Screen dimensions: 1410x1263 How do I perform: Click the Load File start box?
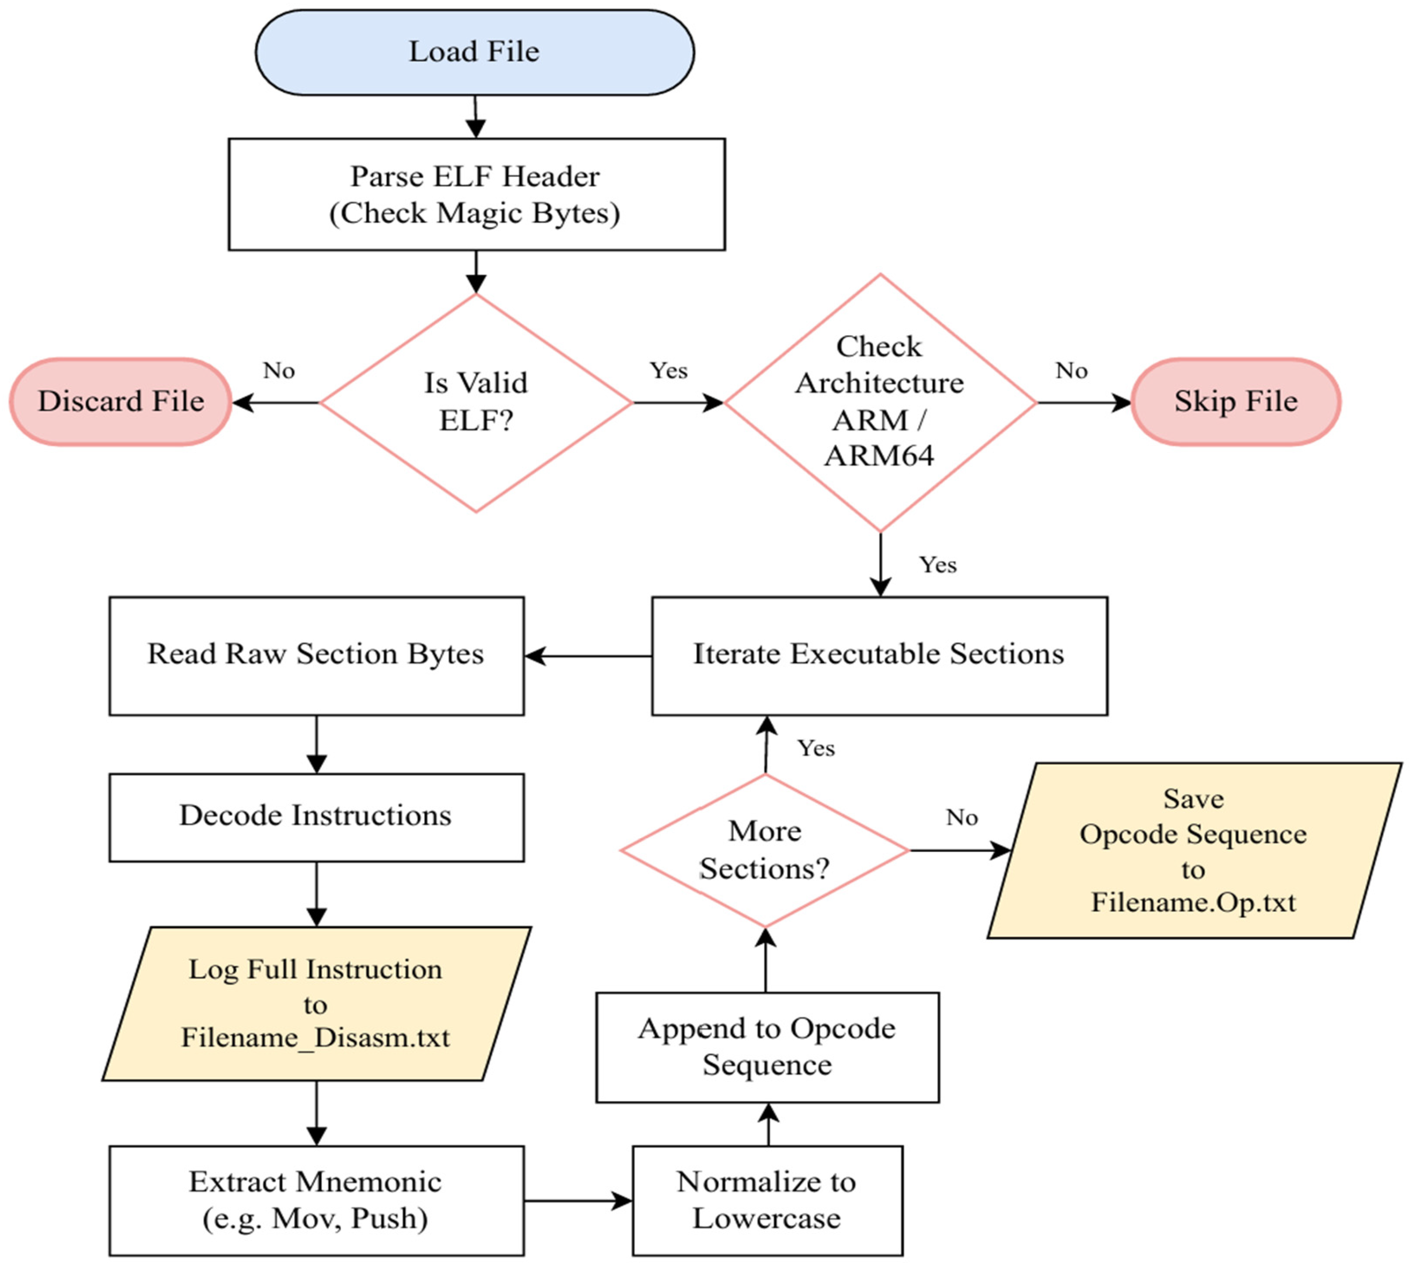pyautogui.click(x=475, y=52)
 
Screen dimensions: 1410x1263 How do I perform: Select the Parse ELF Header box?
pyautogui.click(x=477, y=194)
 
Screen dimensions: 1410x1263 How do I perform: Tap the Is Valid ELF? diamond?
pyautogui.click(x=476, y=402)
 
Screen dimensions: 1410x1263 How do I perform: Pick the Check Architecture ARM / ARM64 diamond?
pyautogui.click(x=880, y=402)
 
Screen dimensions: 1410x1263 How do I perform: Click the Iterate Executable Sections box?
pyautogui.click(x=880, y=656)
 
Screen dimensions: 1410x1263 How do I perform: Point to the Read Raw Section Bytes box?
pyautogui.click(x=316, y=656)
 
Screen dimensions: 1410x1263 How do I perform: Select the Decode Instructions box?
pyautogui.click(x=316, y=817)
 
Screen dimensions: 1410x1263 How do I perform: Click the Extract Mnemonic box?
pyautogui.click(x=316, y=1200)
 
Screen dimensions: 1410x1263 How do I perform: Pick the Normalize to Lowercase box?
pyautogui.click(x=767, y=1200)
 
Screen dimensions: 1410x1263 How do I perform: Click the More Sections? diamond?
pyautogui.click(x=765, y=850)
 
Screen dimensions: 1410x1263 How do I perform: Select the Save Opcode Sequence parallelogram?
pyautogui.click(x=1194, y=851)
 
